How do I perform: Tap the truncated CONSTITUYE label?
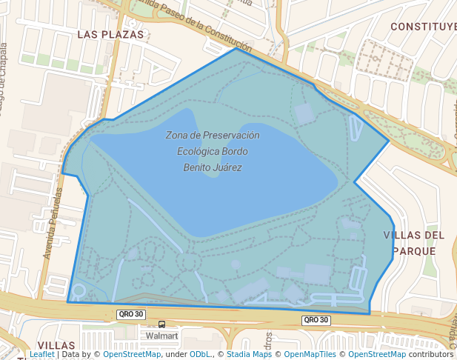click(x=423, y=27)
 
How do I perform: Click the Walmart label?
click(x=162, y=336)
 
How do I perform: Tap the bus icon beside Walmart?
click(x=161, y=324)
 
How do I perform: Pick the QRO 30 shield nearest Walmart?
click(x=129, y=315)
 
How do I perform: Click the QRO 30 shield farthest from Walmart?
click(x=314, y=320)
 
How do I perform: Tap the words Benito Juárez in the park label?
click(x=213, y=167)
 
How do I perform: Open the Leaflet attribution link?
click(x=41, y=354)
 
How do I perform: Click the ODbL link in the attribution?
click(x=199, y=354)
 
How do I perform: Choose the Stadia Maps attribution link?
click(x=249, y=354)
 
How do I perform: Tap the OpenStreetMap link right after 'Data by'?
click(x=132, y=354)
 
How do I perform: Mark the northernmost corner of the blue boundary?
click(x=236, y=49)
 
